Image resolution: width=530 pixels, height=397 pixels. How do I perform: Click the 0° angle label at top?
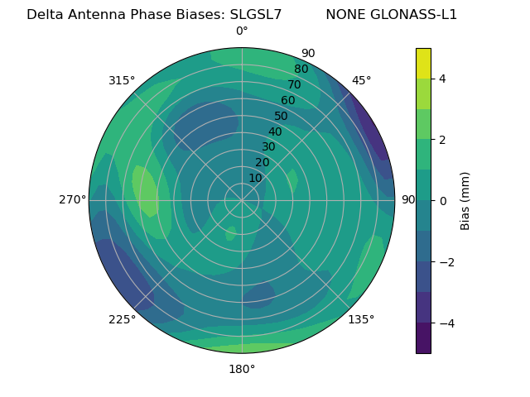tap(242, 31)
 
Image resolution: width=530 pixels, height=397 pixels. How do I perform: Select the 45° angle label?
tap(361, 80)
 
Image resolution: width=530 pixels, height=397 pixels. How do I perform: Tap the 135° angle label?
tap(361, 319)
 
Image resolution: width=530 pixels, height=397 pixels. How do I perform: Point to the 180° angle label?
tap(242, 369)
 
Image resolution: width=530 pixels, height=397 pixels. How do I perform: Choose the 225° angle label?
tap(122, 319)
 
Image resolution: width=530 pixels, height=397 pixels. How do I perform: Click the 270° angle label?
tap(72, 199)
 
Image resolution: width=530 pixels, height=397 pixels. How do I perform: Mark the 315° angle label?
tap(122, 80)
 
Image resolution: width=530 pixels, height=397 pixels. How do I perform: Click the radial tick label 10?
tap(256, 178)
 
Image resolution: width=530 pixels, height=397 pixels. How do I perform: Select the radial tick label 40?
tap(275, 132)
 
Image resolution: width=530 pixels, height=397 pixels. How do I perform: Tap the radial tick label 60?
tap(288, 100)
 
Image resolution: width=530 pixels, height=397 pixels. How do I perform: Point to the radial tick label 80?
tap(301, 69)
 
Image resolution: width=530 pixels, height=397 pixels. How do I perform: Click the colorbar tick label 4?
tap(443, 79)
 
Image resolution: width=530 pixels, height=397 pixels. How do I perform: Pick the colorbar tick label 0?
tap(443, 201)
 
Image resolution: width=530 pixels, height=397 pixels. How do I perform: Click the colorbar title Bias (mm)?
tap(465, 201)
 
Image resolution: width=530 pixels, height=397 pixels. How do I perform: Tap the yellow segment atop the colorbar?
tap(423, 63)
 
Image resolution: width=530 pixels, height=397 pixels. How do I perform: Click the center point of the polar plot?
tap(242, 200)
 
